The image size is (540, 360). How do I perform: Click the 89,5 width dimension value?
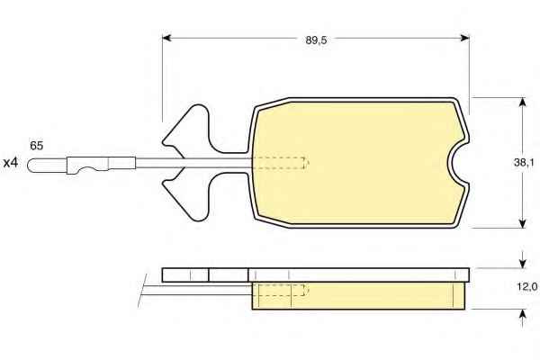pos(316,40)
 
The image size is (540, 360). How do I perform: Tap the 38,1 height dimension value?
pos(524,163)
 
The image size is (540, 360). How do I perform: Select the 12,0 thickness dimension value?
pos(526,286)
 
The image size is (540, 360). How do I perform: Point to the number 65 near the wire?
pos(37,146)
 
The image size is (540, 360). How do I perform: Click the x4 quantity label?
pos(10,163)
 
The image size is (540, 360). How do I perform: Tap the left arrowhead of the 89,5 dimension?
pos(166,38)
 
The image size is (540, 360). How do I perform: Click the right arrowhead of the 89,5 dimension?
pos(465,38)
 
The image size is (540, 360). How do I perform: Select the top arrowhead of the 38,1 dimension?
pos(522,103)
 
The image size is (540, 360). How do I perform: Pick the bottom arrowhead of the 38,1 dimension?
pos(522,223)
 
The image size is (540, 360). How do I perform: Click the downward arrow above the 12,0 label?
pos(522,259)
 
